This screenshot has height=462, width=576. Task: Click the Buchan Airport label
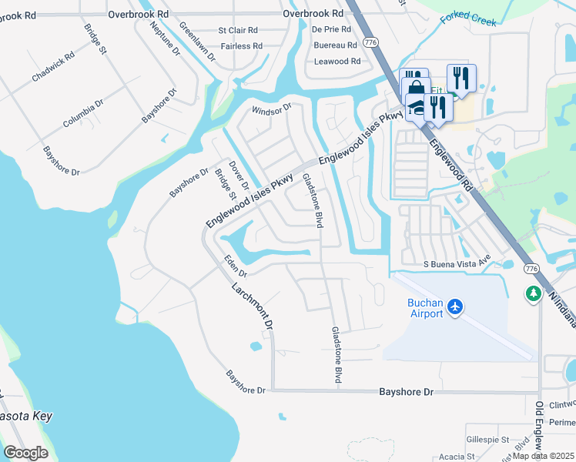[x=425, y=308]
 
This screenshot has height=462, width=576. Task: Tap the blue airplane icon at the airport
[x=455, y=307]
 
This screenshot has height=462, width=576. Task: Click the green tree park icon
[x=533, y=294]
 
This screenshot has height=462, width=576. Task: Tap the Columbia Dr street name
[x=83, y=115]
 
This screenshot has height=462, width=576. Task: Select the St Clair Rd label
[x=238, y=31]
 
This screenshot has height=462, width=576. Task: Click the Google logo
[x=25, y=453]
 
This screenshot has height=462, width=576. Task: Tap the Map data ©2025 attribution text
[x=544, y=456]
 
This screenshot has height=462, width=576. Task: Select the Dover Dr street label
[x=240, y=175]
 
